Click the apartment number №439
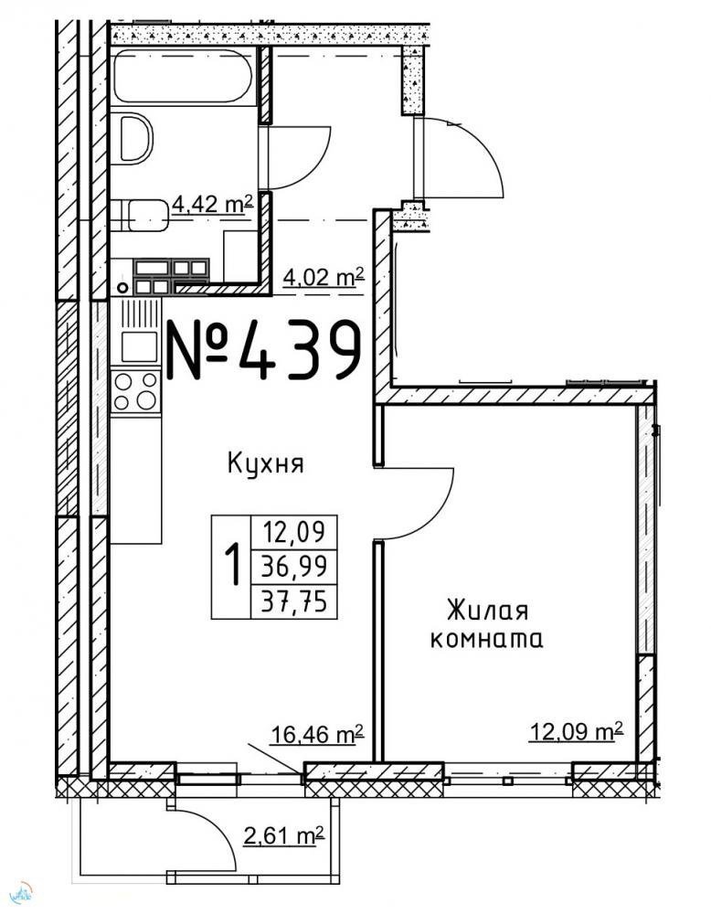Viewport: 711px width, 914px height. pos(263,350)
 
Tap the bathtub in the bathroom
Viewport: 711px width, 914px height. pos(183,77)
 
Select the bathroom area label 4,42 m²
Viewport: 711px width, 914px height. pos(212,205)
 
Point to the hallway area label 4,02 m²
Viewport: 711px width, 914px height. pos(324,277)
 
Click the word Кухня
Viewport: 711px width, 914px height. pos(266,464)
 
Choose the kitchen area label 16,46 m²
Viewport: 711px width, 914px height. pos(318,734)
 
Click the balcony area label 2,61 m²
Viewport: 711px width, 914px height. pos(284,836)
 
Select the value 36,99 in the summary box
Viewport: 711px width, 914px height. pos(293,566)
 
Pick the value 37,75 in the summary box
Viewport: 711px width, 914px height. pos(293,600)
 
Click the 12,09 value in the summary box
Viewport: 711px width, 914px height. pos(293,532)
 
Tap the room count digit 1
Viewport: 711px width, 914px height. pos(233,563)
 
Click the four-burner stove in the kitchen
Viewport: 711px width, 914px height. pos(135,391)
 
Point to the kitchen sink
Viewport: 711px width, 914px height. pos(139,346)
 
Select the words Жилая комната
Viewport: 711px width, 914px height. pos(486,625)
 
